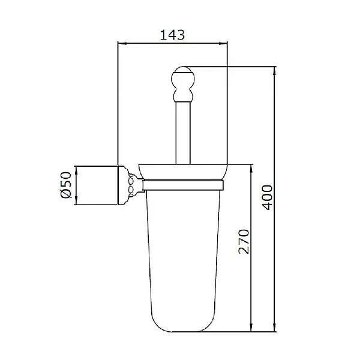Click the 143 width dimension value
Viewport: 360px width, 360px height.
point(173,35)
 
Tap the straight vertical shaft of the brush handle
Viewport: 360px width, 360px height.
point(182,132)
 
